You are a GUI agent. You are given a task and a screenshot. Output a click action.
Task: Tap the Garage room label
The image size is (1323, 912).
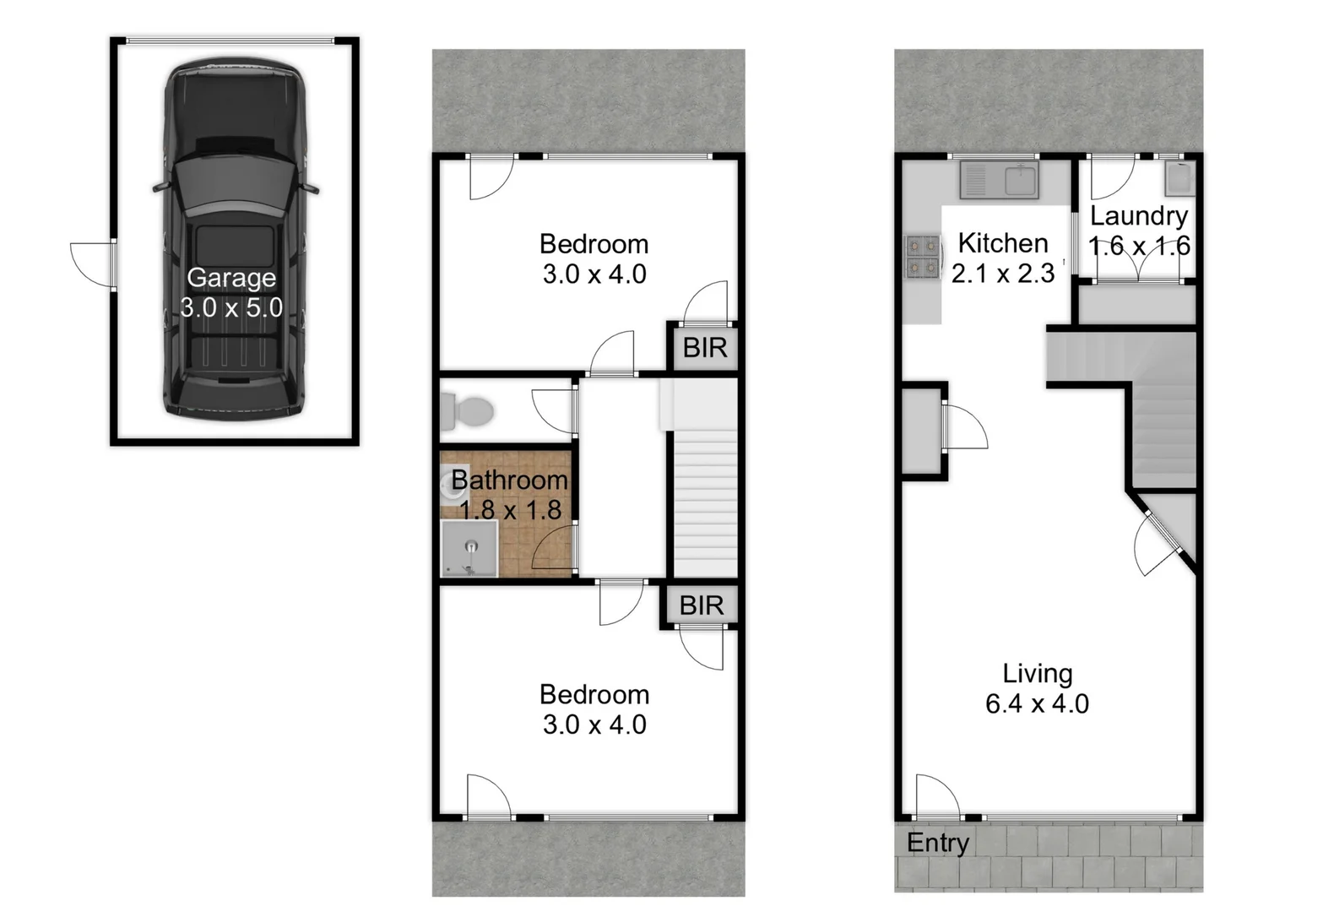pyautogui.click(x=231, y=277)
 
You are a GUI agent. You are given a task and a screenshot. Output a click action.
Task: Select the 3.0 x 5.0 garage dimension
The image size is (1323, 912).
pyautogui.click(x=231, y=307)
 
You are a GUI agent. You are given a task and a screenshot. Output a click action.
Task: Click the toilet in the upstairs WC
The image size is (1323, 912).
pyautogui.click(x=469, y=412)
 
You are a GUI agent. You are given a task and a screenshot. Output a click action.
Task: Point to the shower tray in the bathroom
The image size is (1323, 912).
pyautogui.click(x=469, y=549)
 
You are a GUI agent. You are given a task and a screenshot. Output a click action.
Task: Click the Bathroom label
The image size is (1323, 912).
pyautogui.click(x=509, y=480)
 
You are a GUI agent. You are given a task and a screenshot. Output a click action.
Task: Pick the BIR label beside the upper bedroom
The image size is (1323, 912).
pyautogui.click(x=704, y=347)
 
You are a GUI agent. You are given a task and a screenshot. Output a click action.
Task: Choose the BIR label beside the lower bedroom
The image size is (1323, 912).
pyautogui.click(x=701, y=605)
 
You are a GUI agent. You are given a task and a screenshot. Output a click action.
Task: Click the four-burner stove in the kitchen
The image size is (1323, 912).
pyautogui.click(x=922, y=256)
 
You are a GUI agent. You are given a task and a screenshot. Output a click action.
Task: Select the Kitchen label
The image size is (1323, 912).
pyautogui.click(x=1003, y=243)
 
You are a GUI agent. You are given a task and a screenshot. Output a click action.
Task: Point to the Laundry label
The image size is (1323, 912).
pyautogui.click(x=1139, y=215)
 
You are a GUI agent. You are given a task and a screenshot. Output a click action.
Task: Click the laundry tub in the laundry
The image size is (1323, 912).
pyautogui.click(x=1178, y=177)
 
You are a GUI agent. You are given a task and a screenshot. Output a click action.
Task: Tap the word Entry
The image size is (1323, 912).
pyautogui.click(x=937, y=842)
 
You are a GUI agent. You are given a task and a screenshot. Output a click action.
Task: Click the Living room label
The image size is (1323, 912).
pyautogui.click(x=1038, y=673)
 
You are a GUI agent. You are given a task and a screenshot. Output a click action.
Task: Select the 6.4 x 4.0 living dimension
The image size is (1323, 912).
pyautogui.click(x=1037, y=703)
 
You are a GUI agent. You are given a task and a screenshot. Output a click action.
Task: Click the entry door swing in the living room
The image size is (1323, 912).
pyautogui.click(x=935, y=796)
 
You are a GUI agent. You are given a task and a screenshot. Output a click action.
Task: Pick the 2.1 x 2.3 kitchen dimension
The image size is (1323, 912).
pyautogui.click(x=1003, y=274)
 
